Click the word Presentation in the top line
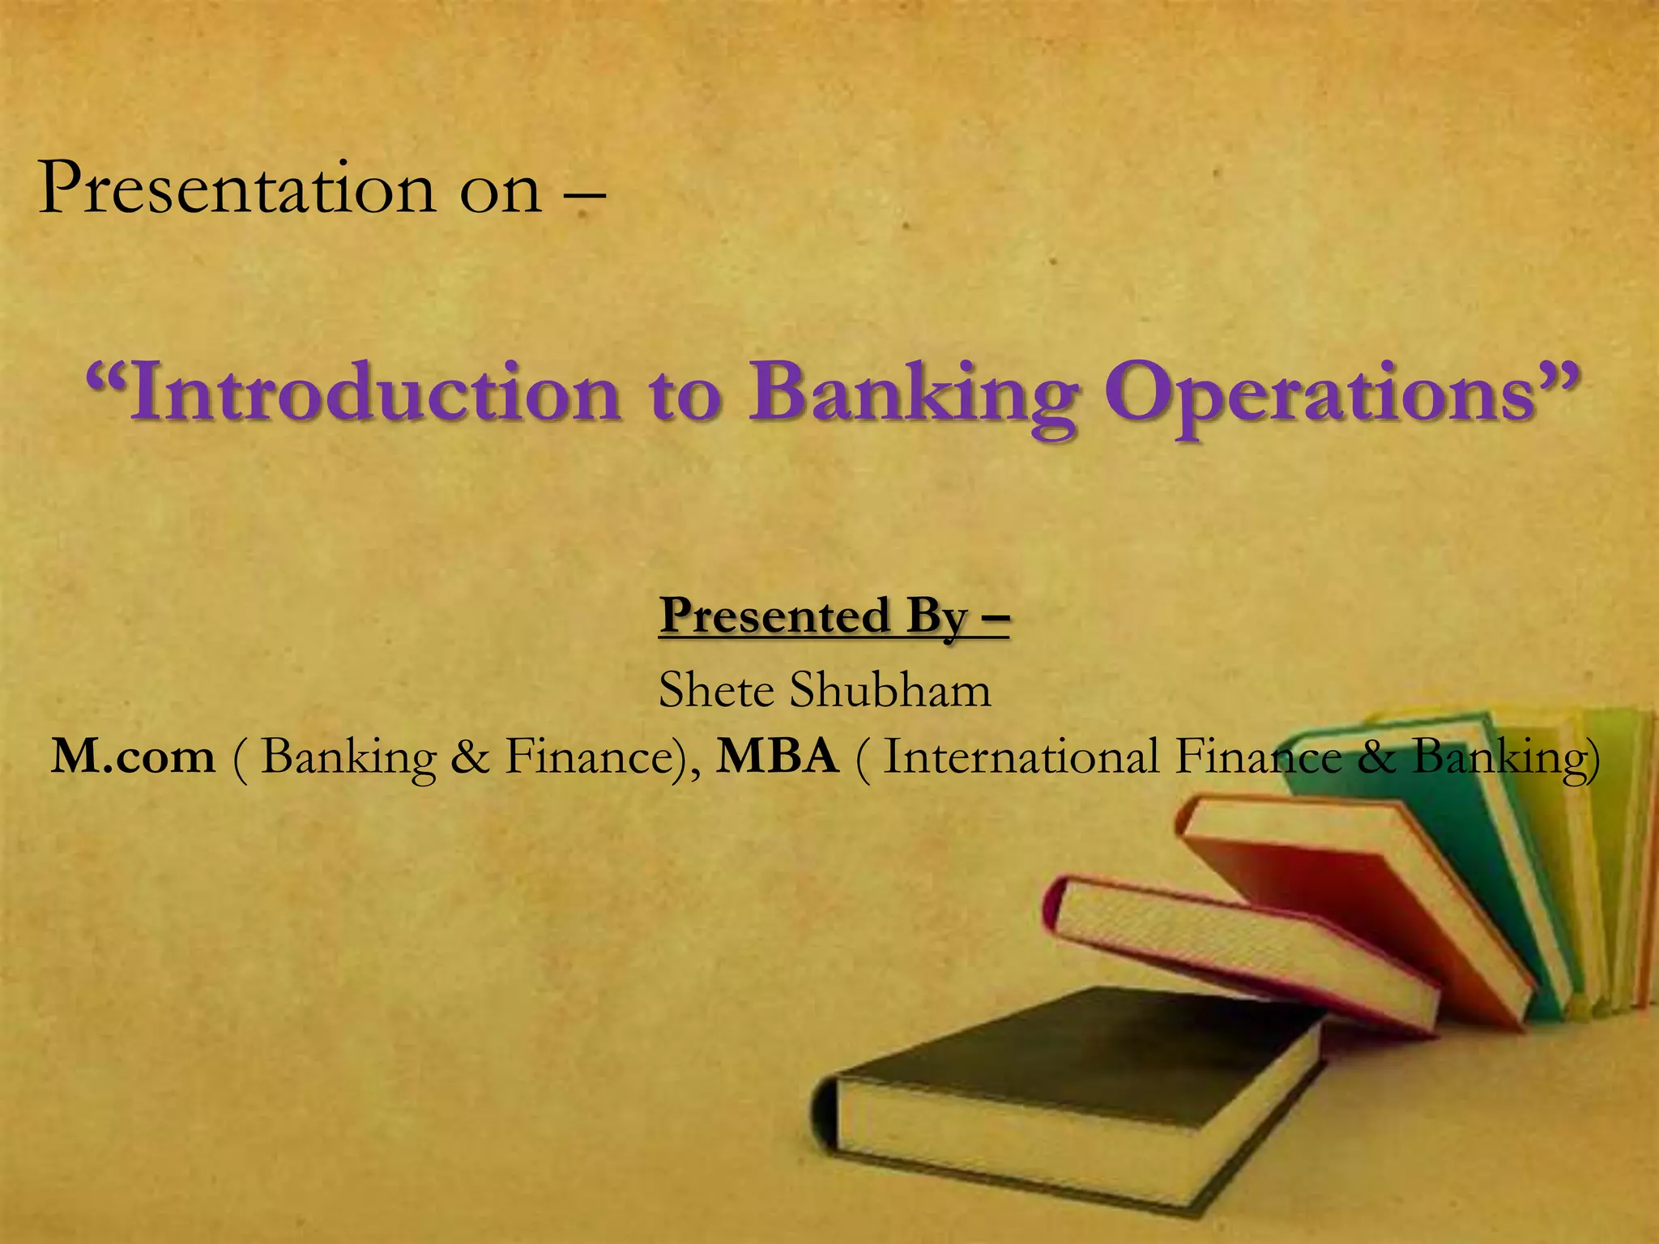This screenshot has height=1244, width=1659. [235, 188]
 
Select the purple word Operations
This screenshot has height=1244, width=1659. [1320, 395]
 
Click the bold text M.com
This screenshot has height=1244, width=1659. [134, 756]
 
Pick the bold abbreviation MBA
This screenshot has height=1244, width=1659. [778, 756]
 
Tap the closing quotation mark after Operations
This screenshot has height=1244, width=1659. [1559, 381]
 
